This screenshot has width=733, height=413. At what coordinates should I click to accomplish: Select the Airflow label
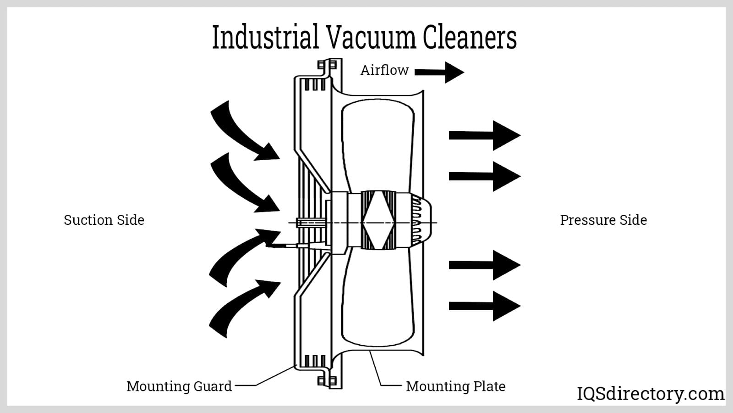tap(384, 70)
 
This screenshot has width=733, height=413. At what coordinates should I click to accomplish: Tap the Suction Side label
tap(104, 220)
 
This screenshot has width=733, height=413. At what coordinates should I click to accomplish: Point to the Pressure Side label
tap(603, 220)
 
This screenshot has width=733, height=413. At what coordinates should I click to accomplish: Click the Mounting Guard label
tap(179, 386)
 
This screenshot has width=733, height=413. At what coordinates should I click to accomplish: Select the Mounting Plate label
tap(455, 386)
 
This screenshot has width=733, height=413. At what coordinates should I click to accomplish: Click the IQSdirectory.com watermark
tap(650, 394)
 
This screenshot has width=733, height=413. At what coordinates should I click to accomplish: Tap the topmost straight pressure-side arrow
tap(484, 135)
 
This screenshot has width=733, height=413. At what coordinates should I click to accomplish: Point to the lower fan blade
tap(378, 303)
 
